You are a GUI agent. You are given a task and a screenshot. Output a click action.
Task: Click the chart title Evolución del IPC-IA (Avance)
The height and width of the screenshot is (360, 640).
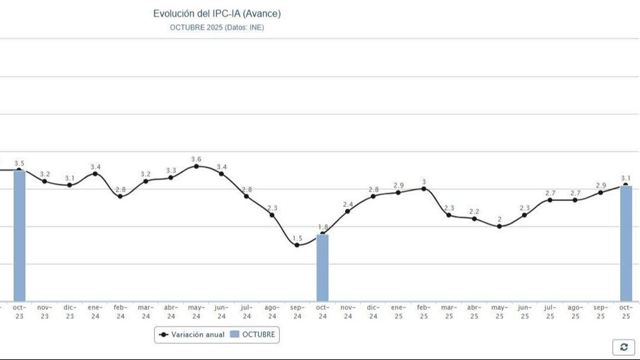[x=217, y=14]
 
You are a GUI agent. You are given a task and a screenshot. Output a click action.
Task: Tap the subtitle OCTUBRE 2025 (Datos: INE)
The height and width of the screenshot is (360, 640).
[x=217, y=28]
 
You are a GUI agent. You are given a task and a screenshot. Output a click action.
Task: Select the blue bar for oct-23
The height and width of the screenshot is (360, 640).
[x=19, y=236]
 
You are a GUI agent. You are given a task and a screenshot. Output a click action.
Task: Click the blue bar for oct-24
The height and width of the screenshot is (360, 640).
[x=322, y=268]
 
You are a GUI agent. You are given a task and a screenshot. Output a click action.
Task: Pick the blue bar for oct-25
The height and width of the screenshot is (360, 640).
[x=626, y=244]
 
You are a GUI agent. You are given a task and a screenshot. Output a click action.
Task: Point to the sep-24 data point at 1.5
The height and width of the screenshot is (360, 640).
[x=297, y=245]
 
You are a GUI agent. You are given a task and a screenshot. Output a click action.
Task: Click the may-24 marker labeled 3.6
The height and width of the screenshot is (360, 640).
[x=196, y=166]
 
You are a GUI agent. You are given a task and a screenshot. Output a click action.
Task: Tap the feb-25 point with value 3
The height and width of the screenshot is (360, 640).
[x=424, y=189]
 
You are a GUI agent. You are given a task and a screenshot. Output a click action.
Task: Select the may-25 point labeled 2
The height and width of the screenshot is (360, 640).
[x=499, y=226]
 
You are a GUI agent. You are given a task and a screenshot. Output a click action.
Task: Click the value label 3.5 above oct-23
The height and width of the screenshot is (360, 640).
[x=19, y=163]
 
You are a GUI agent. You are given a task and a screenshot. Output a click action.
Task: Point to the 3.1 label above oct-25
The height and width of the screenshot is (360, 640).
[x=626, y=178]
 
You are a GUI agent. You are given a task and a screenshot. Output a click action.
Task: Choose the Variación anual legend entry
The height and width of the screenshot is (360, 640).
[x=192, y=334]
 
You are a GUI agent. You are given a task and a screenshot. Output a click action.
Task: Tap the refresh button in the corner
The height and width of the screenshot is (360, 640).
[x=624, y=347]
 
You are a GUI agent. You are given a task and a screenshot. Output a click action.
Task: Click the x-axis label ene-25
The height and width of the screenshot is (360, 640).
[x=398, y=312]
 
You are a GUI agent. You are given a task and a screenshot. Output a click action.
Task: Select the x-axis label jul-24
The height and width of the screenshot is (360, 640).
[x=247, y=312]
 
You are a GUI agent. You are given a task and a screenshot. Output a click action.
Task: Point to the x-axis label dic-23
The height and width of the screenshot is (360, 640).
[x=70, y=312]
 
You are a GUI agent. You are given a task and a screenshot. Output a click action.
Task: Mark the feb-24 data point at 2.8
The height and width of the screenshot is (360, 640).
[x=120, y=196]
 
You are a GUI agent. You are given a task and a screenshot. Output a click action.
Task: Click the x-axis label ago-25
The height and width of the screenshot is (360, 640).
[x=575, y=312]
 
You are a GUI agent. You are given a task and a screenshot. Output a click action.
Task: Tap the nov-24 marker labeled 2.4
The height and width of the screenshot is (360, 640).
[x=348, y=211]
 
